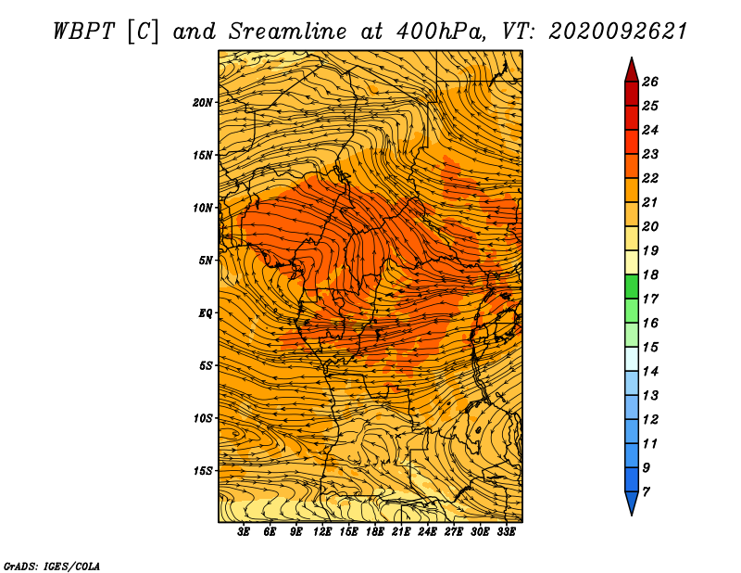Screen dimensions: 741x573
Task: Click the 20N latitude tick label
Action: [203, 103]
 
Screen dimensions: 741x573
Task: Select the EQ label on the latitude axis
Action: [206, 313]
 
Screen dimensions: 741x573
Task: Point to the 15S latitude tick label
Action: [203, 471]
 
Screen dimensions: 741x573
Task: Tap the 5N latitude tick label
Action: [206, 261]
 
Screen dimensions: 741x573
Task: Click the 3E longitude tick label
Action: [244, 532]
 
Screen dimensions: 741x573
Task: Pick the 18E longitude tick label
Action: [375, 532]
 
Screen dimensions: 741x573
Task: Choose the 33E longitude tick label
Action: [506, 532]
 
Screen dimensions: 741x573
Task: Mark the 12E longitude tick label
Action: [322, 532]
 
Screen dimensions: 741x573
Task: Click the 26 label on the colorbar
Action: [650, 82]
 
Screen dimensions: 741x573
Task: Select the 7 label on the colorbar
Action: [646, 492]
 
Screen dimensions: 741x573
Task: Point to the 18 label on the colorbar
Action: [650, 274]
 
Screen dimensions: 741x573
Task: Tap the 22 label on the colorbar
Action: [650, 178]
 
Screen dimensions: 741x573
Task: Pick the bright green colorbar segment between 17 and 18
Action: [632, 286]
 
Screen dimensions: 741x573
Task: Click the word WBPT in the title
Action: [84, 32]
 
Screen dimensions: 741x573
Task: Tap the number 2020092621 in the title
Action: [617, 32]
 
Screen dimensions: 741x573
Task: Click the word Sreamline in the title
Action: [288, 32]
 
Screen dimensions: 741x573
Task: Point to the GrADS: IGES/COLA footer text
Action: [52, 567]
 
